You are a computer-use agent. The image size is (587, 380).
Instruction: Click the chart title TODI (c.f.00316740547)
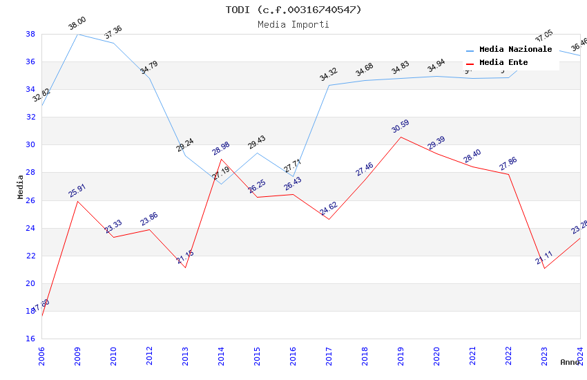pos(293,10)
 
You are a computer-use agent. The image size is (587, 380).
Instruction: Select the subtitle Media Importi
pos(293,25)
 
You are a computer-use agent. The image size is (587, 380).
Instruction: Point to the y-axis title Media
pos(21,187)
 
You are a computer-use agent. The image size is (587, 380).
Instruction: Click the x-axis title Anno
pos(570,362)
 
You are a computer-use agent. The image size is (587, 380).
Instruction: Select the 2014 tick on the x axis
pos(222,353)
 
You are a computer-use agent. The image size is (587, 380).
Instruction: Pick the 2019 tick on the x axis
pos(401,353)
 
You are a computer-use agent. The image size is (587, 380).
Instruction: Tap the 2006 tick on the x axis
pos(42,353)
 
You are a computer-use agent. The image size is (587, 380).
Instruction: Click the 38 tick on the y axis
pos(31,34)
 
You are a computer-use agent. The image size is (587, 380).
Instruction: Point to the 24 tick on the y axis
pos(31,228)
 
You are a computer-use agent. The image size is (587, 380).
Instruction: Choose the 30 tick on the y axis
pos(31,145)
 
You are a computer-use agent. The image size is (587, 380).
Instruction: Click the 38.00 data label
pos(77,26)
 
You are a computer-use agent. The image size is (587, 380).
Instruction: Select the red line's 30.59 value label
pos(401,126)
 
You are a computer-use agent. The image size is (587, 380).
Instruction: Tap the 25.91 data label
pos(77,191)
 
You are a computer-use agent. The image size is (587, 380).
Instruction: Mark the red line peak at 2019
pos(401,137)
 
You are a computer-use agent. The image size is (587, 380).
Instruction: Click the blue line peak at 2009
pos(78,34)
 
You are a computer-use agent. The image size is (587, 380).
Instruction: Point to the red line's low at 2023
pos(545,268)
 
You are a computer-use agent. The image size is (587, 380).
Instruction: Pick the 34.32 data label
pos(329,75)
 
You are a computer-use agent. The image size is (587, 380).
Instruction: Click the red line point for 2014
pos(222,159)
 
